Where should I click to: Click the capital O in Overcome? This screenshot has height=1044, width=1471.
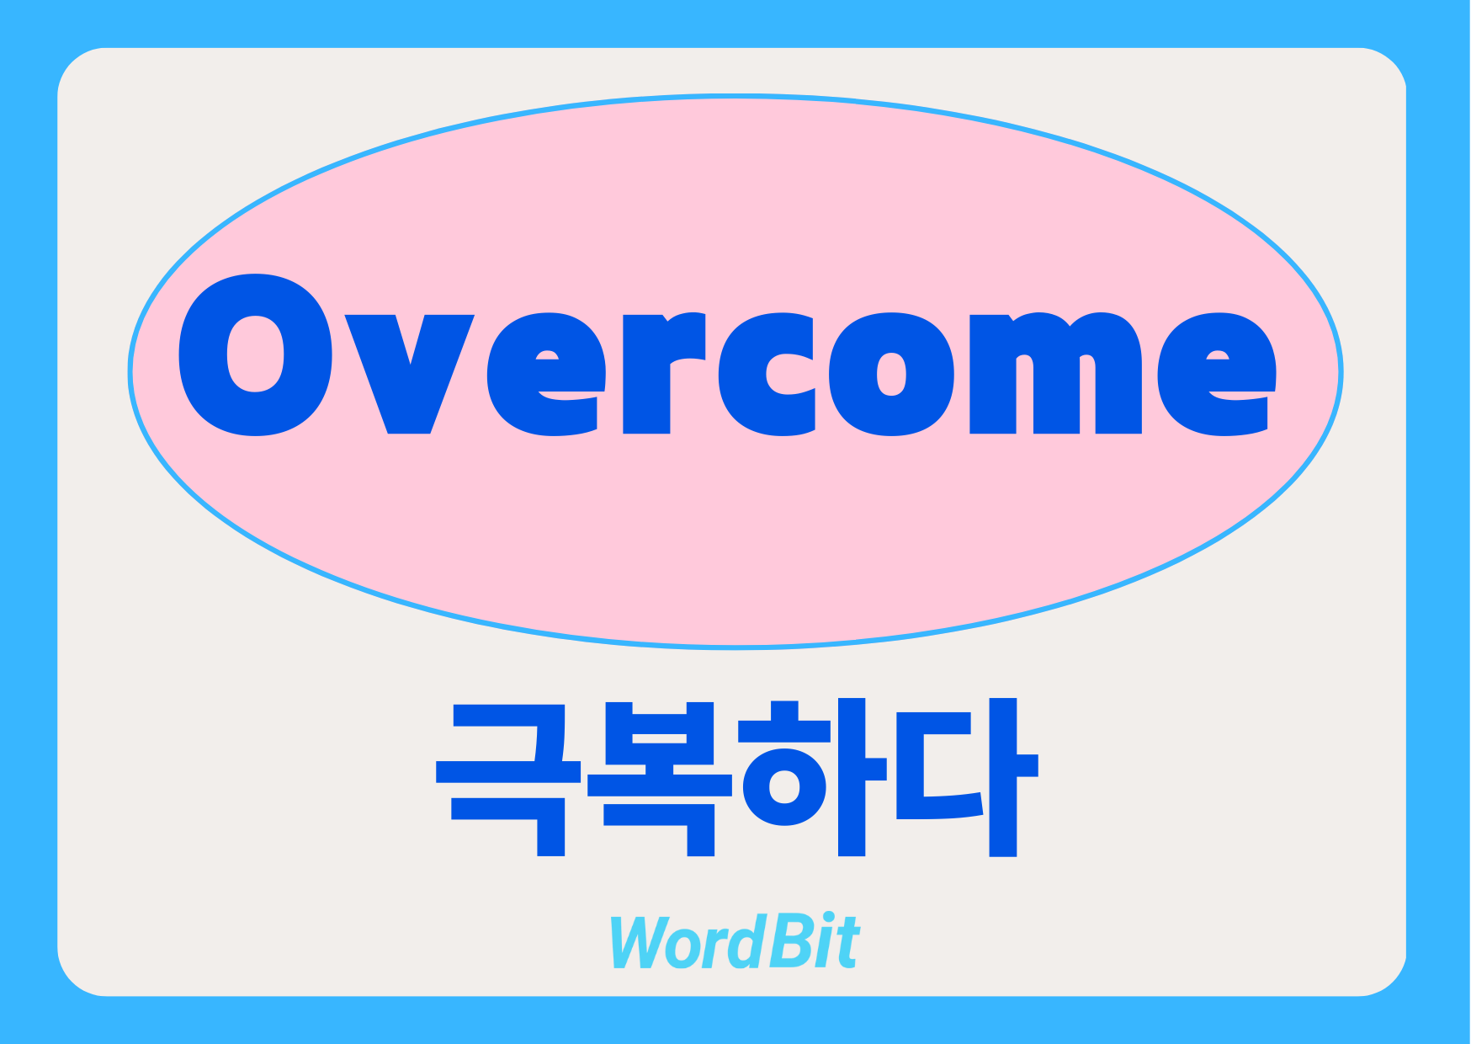(x=255, y=354)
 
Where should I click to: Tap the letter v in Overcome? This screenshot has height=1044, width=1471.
(x=409, y=374)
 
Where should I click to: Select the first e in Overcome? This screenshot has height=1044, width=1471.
(x=547, y=374)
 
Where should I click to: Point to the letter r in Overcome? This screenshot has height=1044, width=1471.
(x=663, y=373)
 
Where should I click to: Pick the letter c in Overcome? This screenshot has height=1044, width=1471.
(x=767, y=374)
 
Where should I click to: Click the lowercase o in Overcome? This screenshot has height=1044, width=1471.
(x=891, y=374)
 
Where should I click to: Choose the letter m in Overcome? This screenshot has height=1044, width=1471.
(x=1055, y=373)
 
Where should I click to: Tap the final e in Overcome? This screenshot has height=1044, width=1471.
(x=1217, y=374)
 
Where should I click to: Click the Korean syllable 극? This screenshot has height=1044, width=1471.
(x=508, y=779)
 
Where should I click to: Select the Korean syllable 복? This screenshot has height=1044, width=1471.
(x=659, y=779)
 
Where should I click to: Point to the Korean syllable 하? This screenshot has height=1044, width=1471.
(x=812, y=777)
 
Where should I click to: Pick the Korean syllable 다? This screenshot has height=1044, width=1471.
(x=967, y=777)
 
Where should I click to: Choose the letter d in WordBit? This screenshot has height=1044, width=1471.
(x=741, y=941)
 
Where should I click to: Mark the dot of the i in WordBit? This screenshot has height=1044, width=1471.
(x=828, y=919)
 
